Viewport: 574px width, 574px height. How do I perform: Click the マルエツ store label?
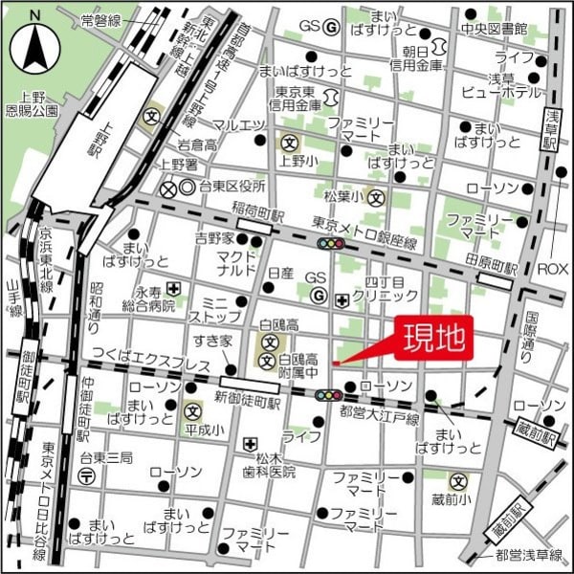(238, 125)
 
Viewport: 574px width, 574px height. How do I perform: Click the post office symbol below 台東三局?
(87, 476)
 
